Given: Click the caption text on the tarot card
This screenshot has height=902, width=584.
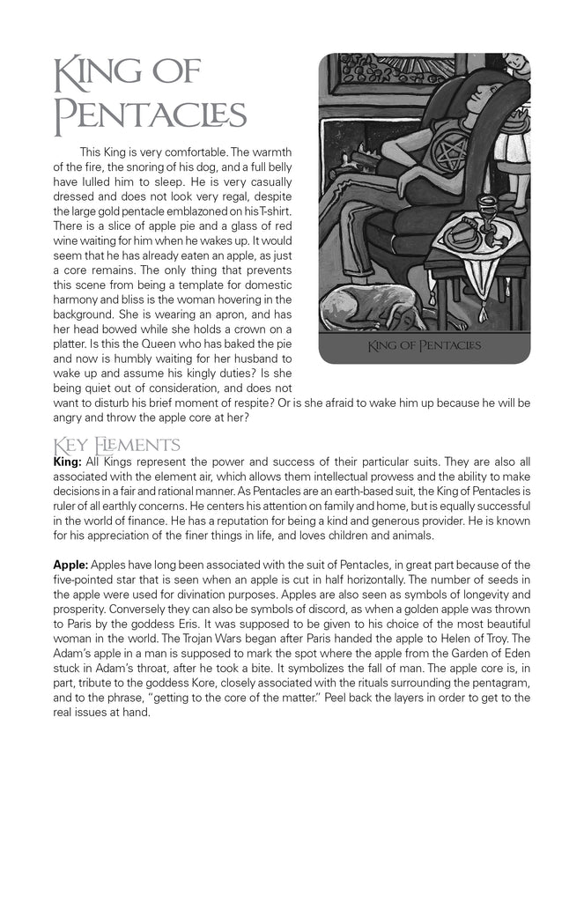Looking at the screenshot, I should coord(425,344).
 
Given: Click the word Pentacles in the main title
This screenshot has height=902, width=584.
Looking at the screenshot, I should coord(150,115).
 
